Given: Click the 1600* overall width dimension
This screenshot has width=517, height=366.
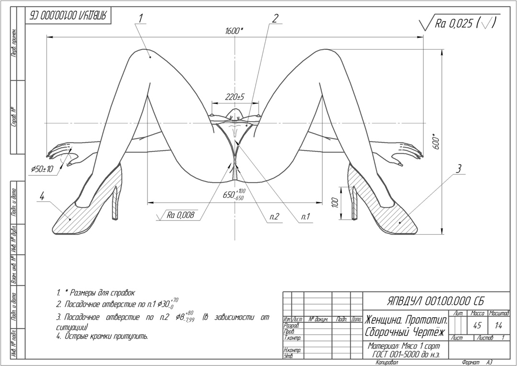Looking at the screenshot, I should pos(234,31).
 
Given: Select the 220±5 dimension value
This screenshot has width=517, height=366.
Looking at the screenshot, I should pos(235,97).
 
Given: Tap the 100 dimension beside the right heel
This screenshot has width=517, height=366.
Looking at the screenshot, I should pos(335,202).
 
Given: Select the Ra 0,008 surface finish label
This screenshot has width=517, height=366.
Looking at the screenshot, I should pos(180,216).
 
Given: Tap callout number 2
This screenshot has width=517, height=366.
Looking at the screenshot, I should pos(275,18).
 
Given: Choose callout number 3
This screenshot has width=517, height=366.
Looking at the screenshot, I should pos(458,168).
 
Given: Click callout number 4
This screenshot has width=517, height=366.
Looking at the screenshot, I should pos(42,195).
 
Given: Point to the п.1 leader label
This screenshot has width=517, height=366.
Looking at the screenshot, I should pos(305,217).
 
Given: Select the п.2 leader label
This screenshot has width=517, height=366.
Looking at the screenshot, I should pos(274,217).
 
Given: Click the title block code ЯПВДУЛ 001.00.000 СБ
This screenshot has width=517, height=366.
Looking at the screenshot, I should pos(435,301).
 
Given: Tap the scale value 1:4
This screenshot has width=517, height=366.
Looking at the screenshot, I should pos(498,325).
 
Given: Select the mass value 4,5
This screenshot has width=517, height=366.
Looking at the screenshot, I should pos(477,325).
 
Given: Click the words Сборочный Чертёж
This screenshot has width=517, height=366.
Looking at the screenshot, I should pos(405,332).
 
